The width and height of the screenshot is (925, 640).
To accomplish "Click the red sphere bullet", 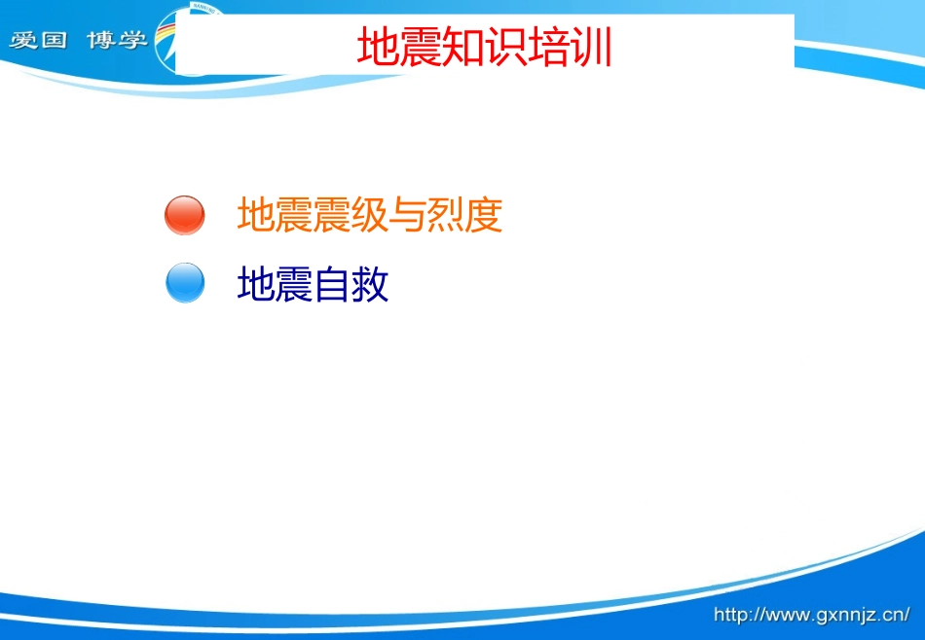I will click(x=185, y=215).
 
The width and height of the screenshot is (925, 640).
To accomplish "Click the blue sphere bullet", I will click(x=185, y=284).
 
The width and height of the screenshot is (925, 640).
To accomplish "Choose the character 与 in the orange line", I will click(x=408, y=215).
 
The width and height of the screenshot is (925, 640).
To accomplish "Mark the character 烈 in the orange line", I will click(x=446, y=215).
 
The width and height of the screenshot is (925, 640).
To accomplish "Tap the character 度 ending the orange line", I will click(x=484, y=215).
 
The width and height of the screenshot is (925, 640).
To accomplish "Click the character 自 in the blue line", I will click(x=332, y=285).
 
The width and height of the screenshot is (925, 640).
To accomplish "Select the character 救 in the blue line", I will click(x=370, y=285).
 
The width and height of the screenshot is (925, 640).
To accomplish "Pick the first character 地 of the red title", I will click(x=377, y=47).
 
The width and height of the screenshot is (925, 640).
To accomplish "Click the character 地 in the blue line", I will click(x=256, y=285).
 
